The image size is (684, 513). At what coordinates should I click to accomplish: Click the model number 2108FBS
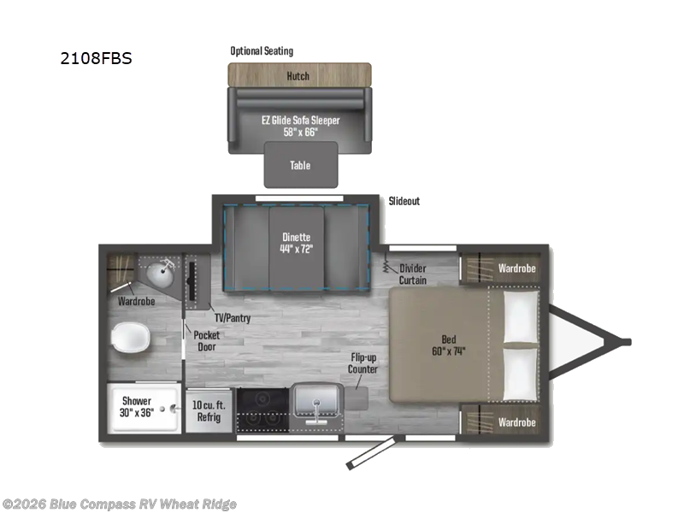[96, 58]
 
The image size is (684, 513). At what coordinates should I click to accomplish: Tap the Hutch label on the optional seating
[298, 76]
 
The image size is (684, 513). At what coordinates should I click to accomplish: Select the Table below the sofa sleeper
[301, 165]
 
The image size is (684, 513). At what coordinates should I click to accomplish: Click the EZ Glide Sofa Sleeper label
[301, 121]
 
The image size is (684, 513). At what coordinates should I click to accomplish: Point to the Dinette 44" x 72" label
[296, 243]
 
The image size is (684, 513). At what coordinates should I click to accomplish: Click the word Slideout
[404, 201]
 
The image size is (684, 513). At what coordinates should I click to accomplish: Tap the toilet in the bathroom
[131, 338]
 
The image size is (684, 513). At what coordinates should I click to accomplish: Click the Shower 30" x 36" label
[137, 407]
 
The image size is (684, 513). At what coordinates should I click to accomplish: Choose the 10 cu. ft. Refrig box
[209, 411]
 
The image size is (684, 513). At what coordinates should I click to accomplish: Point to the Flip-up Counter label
[363, 363]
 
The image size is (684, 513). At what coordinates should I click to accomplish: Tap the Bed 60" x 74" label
[448, 345]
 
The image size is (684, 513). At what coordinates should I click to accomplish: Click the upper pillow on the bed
[521, 316]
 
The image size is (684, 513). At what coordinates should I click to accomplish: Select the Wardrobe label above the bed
[517, 268]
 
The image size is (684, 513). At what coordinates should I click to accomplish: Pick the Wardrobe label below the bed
[517, 422]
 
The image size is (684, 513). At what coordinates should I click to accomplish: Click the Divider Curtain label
[413, 274]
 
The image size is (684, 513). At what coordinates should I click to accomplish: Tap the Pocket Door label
[207, 340]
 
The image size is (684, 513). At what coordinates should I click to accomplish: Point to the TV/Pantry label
[233, 318]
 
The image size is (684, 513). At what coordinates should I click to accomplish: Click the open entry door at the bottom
[371, 453]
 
